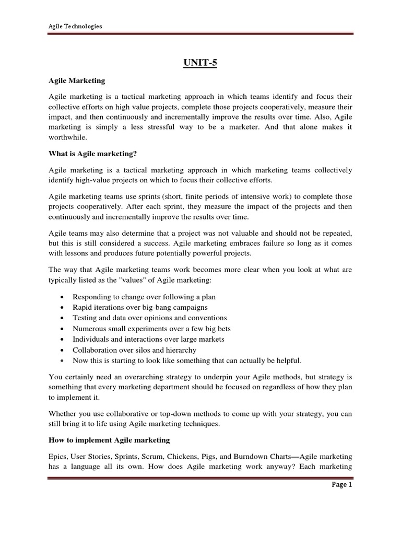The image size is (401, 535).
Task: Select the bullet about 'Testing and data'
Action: (x=143, y=318)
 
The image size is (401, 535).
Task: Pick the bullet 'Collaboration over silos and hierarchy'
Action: (x=135, y=350)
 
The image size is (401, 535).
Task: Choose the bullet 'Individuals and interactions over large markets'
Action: (x=149, y=339)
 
